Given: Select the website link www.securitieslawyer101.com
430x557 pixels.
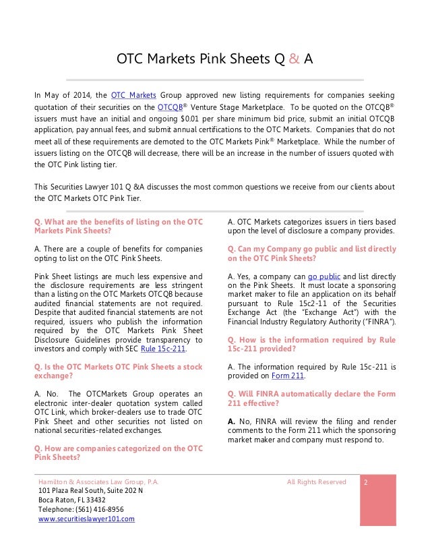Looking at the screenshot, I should [86, 519].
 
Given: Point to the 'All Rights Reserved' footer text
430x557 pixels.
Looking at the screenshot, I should [316, 482].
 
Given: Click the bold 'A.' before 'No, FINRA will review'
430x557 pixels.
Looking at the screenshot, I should [232, 421].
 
